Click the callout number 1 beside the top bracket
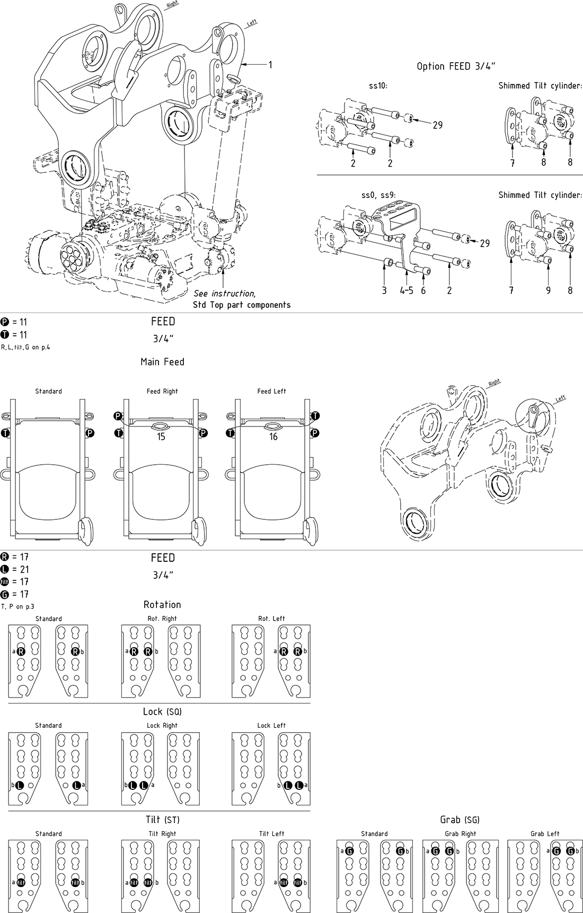pos(270,65)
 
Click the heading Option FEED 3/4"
pos(456,66)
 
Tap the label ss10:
pos(378,85)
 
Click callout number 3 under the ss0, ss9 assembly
pos(384,290)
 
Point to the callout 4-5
pos(407,290)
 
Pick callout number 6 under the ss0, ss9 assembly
pos(423,290)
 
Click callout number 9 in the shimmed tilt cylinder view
pos(548,290)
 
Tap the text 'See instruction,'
pos(224,293)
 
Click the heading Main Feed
pos(162,362)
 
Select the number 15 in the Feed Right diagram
pos(161,437)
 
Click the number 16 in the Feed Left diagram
pos(273,437)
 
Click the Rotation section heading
pos(162,605)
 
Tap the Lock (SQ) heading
pos(162,711)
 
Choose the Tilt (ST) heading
pos(162,820)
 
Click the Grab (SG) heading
pos(460,820)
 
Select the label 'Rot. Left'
pos(271,619)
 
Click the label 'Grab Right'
pos(461,833)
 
